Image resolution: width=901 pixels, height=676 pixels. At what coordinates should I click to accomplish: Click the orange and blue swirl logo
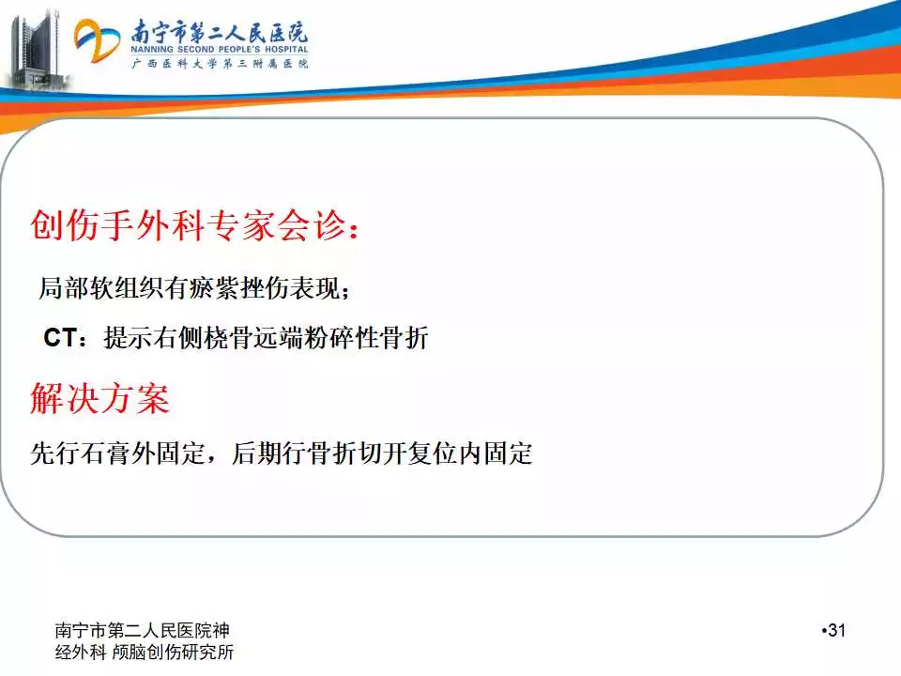[96, 40]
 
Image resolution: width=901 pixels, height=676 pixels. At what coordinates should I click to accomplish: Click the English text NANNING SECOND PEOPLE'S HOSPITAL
[219, 50]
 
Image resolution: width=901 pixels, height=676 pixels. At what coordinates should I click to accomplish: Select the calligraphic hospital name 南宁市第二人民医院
[219, 31]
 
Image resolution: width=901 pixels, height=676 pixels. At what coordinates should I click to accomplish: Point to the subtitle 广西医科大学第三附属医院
[220, 63]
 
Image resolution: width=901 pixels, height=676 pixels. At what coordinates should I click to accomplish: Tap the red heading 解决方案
[100, 398]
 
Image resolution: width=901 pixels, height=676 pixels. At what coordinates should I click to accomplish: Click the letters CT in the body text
[60, 337]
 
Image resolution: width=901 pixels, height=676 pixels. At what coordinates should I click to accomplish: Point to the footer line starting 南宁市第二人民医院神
[142, 631]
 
